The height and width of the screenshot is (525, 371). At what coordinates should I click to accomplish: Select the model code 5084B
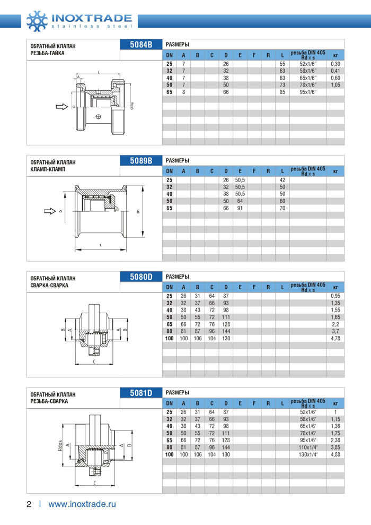click(x=141, y=45)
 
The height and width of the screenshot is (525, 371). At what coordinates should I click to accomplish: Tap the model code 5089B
click(x=141, y=160)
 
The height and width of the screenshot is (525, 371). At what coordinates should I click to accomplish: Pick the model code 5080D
click(x=141, y=276)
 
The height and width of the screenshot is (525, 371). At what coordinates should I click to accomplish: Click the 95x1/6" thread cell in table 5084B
click(x=308, y=92)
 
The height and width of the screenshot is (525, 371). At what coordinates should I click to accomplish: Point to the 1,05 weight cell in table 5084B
click(x=335, y=85)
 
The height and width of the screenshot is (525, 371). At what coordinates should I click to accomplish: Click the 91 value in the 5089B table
click(x=240, y=208)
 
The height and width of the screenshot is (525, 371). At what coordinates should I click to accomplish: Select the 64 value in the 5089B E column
click(x=240, y=201)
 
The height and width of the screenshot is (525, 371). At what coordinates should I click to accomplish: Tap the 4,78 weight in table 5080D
click(x=335, y=338)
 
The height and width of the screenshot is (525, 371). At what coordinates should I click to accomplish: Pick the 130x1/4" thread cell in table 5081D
click(x=308, y=454)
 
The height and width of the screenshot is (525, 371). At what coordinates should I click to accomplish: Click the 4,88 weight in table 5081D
click(x=335, y=454)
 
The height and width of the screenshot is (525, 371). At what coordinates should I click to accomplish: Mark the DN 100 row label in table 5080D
click(x=170, y=338)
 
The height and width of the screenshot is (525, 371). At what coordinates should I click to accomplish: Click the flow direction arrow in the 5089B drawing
click(x=50, y=211)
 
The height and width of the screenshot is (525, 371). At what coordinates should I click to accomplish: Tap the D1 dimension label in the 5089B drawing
click(x=138, y=211)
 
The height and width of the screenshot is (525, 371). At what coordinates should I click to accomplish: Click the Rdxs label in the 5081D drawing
click(x=60, y=445)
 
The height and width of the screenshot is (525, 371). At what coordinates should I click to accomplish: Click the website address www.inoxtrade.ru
click(x=82, y=504)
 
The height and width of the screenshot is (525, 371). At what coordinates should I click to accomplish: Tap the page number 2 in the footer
click(x=30, y=504)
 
